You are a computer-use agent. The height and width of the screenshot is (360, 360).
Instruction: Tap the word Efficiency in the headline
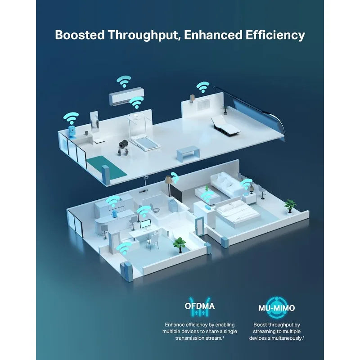point(275,36)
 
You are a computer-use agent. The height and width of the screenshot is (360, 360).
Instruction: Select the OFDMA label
point(199,306)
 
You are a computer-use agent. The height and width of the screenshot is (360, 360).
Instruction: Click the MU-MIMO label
point(277,308)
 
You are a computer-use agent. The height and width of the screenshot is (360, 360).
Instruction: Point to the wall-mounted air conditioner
point(126,96)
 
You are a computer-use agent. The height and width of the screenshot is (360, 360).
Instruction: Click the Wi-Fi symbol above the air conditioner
point(124,81)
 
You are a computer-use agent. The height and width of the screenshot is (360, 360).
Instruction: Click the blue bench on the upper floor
point(188,153)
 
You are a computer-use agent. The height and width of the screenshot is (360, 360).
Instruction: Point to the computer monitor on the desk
point(145,224)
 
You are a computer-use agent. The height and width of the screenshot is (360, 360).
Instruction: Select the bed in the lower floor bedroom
point(237,212)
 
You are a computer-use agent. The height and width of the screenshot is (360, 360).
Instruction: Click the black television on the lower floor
point(176,193)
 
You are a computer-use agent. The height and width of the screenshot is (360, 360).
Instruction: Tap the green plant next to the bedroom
point(290,206)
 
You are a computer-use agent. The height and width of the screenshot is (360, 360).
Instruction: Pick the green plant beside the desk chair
point(179,245)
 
